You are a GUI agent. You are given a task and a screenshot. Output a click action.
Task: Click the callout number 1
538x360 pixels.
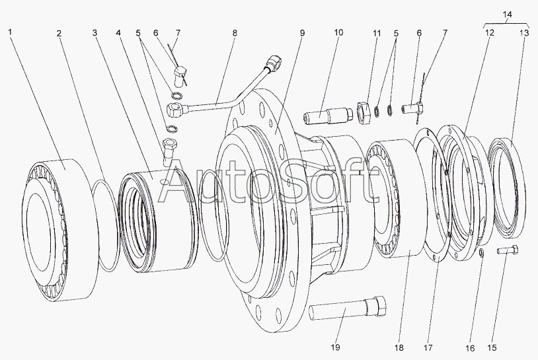[x=10, y=32]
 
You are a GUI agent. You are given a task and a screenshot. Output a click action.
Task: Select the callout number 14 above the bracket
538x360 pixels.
[x=507, y=15]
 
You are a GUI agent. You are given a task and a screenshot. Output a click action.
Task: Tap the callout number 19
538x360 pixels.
[x=335, y=347]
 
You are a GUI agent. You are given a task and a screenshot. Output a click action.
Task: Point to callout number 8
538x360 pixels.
[x=235, y=33]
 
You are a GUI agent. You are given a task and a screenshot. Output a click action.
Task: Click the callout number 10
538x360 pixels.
[x=338, y=32]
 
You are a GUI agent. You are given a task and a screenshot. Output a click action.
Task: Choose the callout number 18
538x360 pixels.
[x=399, y=347]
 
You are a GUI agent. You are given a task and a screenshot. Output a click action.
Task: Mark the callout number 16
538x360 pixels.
[x=470, y=348]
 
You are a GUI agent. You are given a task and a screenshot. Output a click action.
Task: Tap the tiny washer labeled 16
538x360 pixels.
[x=482, y=253]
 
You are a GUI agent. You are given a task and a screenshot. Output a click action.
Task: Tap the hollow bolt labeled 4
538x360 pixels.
[x=169, y=151]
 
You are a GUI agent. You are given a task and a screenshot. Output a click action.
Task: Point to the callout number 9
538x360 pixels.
[x=302, y=33]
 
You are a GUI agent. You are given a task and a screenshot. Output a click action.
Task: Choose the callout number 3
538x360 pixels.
[x=95, y=33]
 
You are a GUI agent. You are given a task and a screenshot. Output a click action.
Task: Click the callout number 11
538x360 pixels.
[x=377, y=33]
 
